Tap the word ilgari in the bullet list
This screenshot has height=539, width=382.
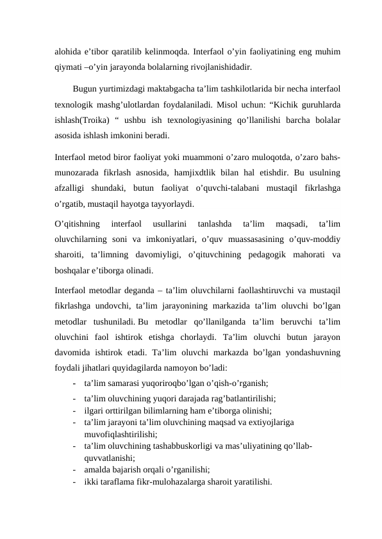(x=95, y=411)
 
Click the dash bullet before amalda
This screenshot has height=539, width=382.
(x=76, y=470)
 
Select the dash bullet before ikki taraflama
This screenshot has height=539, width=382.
(x=76, y=482)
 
